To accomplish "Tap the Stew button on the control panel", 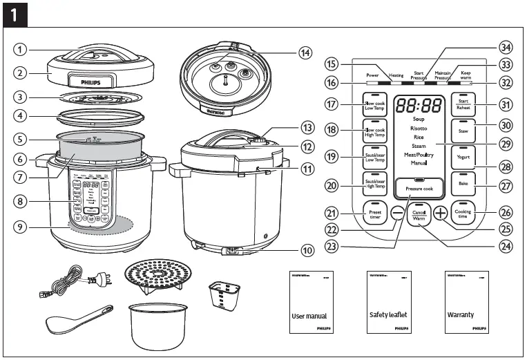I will click(x=461, y=129).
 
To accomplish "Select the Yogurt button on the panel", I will click(x=461, y=156).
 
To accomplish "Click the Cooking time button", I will click(x=462, y=214).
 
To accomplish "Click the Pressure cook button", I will click(x=419, y=187).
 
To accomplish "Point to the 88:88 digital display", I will click(x=419, y=106).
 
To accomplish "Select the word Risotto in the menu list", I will click(x=419, y=129).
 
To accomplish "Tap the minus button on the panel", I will click(x=396, y=214).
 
